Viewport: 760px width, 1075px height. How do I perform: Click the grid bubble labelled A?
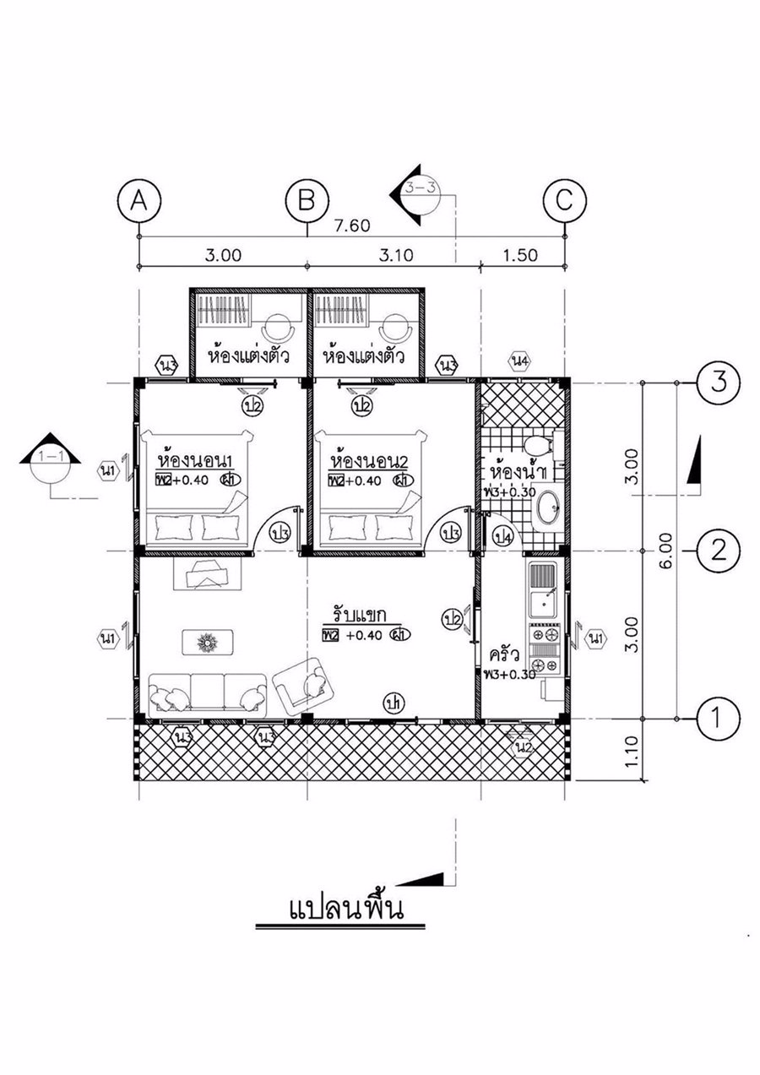pyautogui.click(x=140, y=202)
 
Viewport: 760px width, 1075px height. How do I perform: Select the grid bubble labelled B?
pyautogui.click(x=307, y=202)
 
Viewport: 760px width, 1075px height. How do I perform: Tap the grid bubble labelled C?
pyautogui.click(x=564, y=202)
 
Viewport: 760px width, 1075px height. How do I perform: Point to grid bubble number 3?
pyautogui.click(x=719, y=383)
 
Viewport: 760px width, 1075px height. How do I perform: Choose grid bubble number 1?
pyautogui.click(x=719, y=719)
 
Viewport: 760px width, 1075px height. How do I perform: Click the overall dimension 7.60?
pyautogui.click(x=353, y=225)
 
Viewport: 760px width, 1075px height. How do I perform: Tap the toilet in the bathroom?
pyautogui.click(x=535, y=444)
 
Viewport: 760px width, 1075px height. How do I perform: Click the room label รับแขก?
pyautogui.click(x=358, y=614)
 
